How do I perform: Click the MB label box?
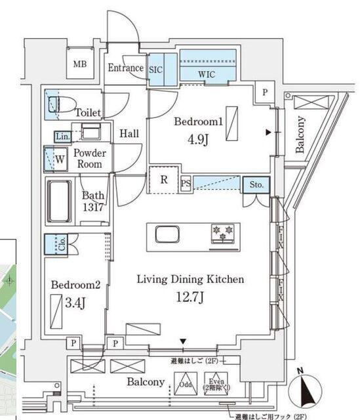[x=80, y=64]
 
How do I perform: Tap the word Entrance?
[x=125, y=68]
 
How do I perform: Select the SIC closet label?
[x=156, y=68]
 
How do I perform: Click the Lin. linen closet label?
[x=62, y=136]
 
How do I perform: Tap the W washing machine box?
[x=58, y=158]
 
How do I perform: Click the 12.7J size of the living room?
[x=190, y=297]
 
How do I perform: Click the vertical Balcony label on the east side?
[x=300, y=134]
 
